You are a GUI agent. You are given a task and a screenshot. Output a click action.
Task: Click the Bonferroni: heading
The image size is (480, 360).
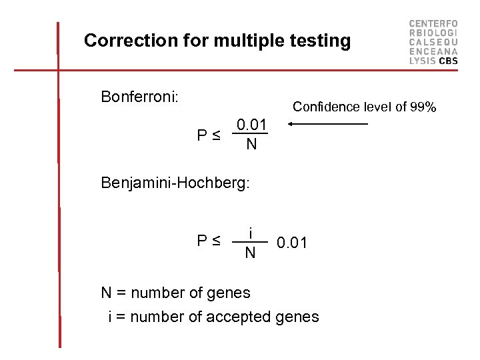(x=139, y=97)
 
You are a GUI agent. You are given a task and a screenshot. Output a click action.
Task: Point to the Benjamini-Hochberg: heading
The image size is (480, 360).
(x=175, y=182)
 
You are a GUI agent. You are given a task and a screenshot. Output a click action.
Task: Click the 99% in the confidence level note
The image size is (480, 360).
(x=423, y=107)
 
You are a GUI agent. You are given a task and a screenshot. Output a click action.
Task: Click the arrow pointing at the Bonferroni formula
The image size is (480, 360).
(x=327, y=124)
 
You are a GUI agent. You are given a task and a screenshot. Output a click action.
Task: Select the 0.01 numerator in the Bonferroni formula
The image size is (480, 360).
(x=251, y=125)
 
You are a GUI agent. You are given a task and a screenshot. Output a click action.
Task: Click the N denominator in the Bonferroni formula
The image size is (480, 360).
(x=251, y=144)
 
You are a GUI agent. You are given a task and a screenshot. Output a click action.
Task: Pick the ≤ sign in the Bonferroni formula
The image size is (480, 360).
(x=217, y=136)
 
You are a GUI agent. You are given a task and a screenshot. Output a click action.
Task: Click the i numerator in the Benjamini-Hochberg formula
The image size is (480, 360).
(x=250, y=233)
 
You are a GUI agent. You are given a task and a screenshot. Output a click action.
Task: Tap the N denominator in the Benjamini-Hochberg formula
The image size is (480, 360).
(x=250, y=253)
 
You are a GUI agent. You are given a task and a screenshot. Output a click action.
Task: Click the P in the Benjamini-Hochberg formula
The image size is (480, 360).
(x=203, y=241)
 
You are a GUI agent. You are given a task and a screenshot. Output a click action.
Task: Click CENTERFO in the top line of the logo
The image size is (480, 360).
(x=433, y=23)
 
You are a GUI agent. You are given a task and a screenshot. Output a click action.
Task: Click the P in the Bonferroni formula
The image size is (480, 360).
(x=203, y=136)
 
